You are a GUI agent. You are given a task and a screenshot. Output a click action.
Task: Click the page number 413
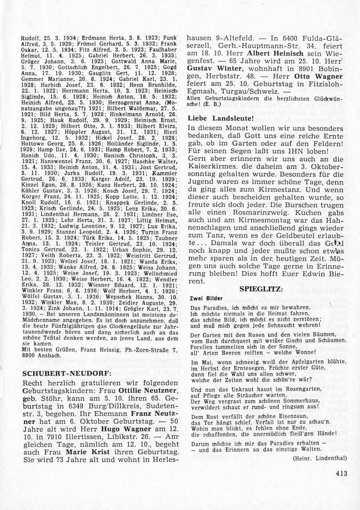click(x=340, y=474)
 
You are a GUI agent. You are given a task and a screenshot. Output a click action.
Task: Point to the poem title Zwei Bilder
click(x=206, y=299)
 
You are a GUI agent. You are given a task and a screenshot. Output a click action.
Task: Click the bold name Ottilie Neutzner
click(x=145, y=391)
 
